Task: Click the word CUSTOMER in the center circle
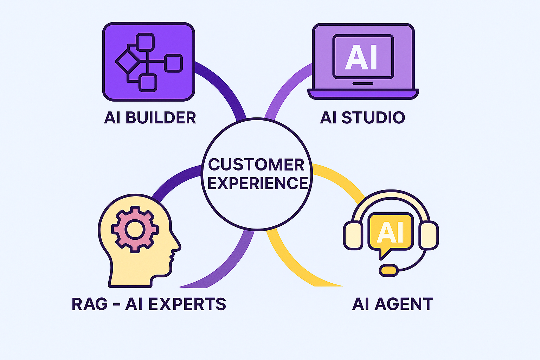pos(256,165)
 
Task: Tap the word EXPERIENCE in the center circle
pos(258,183)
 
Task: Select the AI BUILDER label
pos(150,118)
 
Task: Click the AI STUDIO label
pos(362,118)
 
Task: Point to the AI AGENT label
pos(393,304)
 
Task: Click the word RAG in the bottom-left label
pos(89,304)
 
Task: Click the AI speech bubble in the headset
pos(390,232)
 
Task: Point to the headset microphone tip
pos(389,270)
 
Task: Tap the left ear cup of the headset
pos(353,236)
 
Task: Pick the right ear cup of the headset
pos(429,236)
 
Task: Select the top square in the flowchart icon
pos(145,42)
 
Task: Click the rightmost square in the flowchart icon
pos(174,63)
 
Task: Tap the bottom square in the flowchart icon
pos(148,83)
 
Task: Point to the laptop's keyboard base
pos(363,94)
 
